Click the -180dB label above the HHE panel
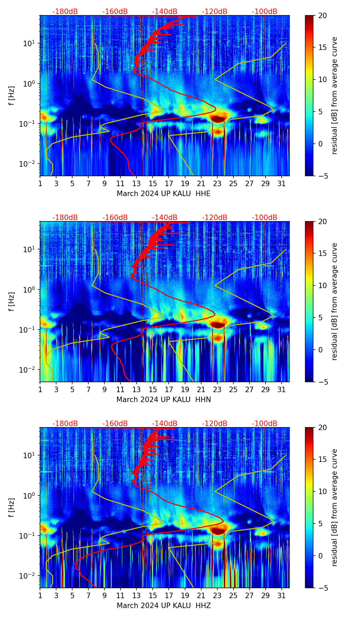tap(65, 12)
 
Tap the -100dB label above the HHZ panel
tap(265, 424)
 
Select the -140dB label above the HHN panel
tap(165, 218)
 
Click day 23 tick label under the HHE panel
tap(217, 184)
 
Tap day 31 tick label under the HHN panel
tap(281, 390)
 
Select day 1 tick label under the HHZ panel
tap(40, 596)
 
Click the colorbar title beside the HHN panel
tap(334, 301)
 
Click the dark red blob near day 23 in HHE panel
tap(218, 119)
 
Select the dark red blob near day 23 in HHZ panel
tap(218, 531)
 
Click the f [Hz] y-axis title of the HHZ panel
tap(11, 508)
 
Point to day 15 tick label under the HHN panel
tap(153, 390)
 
